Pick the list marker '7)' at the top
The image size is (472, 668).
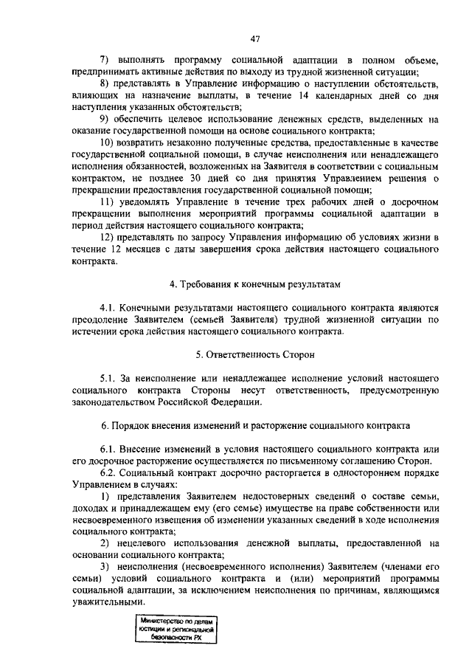point(105,60)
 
